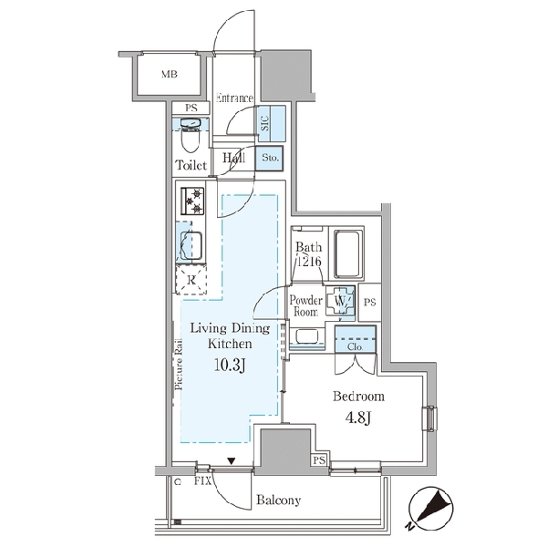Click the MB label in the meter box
[x=170, y=75]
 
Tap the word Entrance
[x=234, y=98]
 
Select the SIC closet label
[x=265, y=123]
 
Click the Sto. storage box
[x=269, y=159]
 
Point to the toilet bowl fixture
[x=191, y=135]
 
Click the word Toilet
[x=191, y=165]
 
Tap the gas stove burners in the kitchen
[x=192, y=201]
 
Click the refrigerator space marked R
[x=191, y=280]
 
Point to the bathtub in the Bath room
[x=346, y=253]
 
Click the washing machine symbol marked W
[x=340, y=300]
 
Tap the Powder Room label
[x=306, y=305]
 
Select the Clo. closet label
[x=356, y=347]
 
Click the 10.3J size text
[x=230, y=366]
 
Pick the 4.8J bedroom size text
[x=358, y=418]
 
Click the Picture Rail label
[x=179, y=364]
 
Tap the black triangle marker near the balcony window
[x=232, y=461]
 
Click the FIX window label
[x=202, y=481]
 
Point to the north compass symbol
[x=430, y=509]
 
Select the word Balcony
[x=278, y=501]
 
